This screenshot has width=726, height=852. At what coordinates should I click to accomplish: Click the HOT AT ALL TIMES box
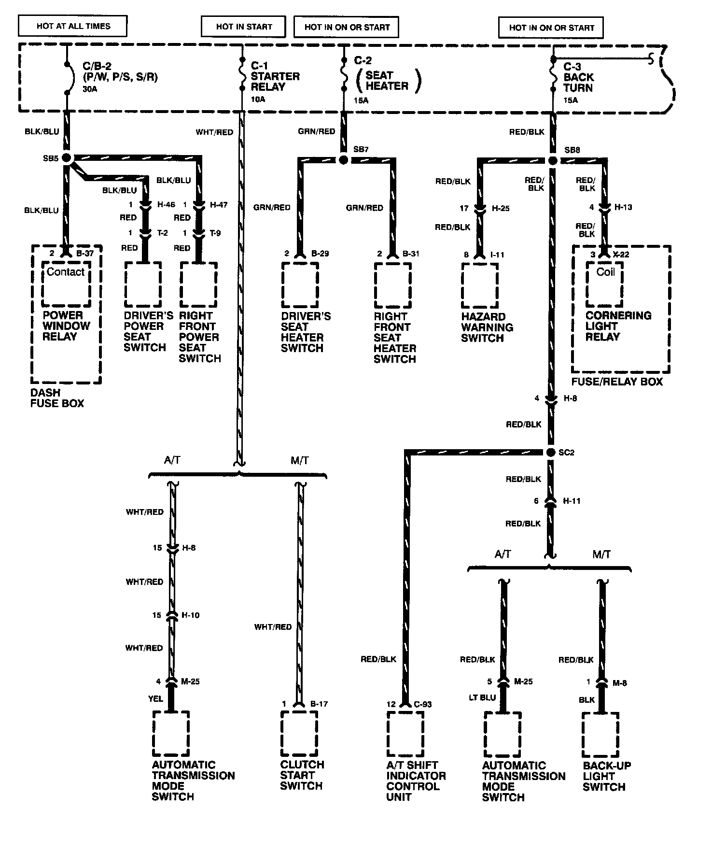[73, 26]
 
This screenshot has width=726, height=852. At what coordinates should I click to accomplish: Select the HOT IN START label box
[244, 27]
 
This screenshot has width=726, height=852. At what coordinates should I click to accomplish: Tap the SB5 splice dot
[66, 158]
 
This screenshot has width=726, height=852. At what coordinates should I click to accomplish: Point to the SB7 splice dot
[343, 160]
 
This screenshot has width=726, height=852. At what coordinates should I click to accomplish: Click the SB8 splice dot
[553, 160]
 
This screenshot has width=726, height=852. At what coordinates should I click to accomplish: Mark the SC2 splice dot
[551, 453]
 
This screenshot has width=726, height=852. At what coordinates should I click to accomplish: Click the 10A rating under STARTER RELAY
[258, 99]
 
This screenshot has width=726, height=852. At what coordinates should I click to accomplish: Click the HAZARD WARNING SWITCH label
[487, 327]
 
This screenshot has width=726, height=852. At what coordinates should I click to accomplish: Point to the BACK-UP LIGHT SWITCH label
[606, 776]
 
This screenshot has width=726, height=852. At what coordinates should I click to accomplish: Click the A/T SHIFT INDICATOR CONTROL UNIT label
[415, 781]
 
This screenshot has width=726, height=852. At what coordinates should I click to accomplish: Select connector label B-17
[319, 704]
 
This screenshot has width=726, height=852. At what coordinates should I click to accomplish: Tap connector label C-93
[422, 704]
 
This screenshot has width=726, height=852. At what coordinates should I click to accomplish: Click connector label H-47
[219, 205]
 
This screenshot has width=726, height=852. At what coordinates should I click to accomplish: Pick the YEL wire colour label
[155, 698]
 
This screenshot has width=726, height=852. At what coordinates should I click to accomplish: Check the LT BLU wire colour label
[482, 698]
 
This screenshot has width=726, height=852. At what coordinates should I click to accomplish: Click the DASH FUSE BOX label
[57, 398]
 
